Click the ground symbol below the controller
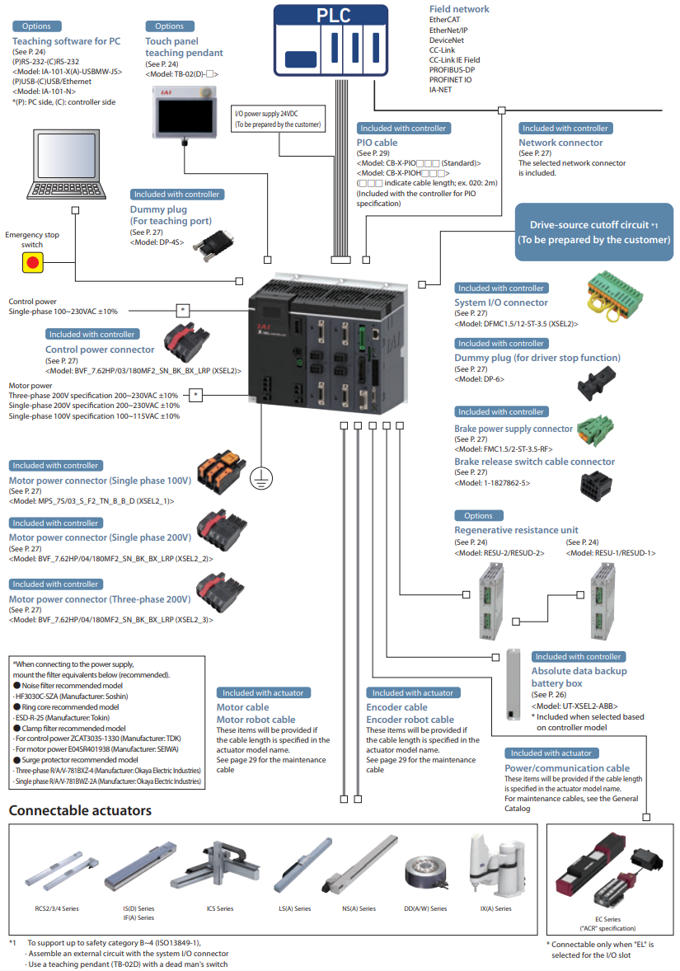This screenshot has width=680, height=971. [261, 475]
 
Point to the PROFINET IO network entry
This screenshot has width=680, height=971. [450, 80]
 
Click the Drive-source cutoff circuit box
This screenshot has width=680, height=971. [593, 232]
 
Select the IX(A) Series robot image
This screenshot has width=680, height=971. [491, 865]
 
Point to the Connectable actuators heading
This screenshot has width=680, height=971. [80, 810]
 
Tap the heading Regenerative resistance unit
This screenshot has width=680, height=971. [516, 530]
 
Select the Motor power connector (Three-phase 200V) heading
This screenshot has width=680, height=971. [100, 599]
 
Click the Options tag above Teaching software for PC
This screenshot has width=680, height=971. [36, 27]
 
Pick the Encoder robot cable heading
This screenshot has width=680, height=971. [410, 719]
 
